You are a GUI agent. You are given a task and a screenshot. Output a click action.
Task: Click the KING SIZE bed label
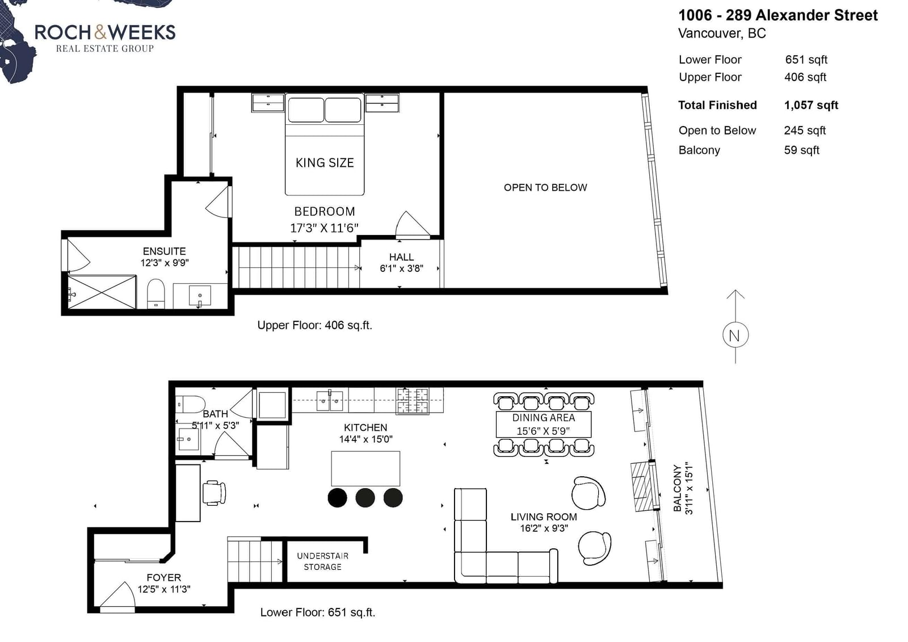point(324,163)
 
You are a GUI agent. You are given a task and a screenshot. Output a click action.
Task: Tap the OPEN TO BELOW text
point(545,187)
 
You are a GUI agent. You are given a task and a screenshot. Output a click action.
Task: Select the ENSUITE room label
point(164,251)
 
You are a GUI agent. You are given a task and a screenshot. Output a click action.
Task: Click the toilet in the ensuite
point(155,293)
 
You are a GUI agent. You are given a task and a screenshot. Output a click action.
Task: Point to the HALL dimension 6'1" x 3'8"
point(401,268)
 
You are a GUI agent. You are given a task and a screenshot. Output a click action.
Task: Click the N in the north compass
point(734,336)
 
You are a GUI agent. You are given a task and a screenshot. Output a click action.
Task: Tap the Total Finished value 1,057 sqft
point(811,105)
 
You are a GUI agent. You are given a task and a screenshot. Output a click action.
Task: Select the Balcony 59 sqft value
point(801,150)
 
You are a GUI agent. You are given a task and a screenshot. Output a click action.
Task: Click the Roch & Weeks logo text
point(105,32)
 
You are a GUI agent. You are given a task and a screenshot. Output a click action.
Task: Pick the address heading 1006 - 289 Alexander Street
point(778,15)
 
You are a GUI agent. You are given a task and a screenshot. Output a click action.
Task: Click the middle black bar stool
point(365,498)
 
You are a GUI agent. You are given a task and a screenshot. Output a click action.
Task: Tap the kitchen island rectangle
point(365,468)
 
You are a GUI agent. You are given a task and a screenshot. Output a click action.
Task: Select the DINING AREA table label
point(543,418)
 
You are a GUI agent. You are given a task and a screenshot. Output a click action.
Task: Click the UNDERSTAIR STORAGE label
point(323,561)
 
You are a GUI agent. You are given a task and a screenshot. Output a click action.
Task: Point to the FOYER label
point(164,577)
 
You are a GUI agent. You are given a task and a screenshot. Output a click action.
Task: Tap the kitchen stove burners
point(412,401)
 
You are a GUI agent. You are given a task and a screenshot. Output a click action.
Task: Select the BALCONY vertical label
point(677,488)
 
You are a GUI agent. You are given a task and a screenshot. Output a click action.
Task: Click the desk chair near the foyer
point(213,493)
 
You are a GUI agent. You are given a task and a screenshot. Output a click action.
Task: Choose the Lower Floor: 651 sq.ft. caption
point(317,612)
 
